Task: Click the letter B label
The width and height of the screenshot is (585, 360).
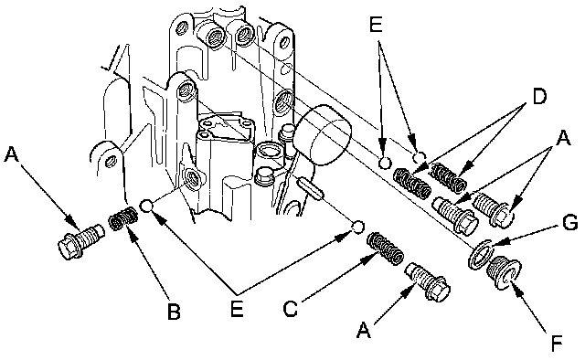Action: (174, 311)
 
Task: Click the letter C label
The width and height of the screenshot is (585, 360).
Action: (291, 309)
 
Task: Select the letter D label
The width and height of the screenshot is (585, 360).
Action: (538, 97)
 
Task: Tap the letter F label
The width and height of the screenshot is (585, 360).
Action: (557, 344)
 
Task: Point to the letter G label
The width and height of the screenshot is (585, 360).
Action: (569, 224)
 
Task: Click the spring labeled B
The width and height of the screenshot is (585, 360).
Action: (122, 217)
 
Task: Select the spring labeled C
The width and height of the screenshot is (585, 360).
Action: (385, 248)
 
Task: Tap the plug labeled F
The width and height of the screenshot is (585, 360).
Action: (504, 272)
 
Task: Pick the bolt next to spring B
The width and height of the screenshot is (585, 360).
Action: (80, 242)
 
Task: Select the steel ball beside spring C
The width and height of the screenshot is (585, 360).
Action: (358, 227)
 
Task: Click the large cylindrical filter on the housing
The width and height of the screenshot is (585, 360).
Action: (323, 134)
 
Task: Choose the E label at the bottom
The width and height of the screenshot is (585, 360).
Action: (237, 308)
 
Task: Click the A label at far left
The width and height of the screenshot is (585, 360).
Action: (11, 154)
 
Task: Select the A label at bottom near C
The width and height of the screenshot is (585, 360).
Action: (364, 330)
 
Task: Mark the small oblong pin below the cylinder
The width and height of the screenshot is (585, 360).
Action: (309, 189)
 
